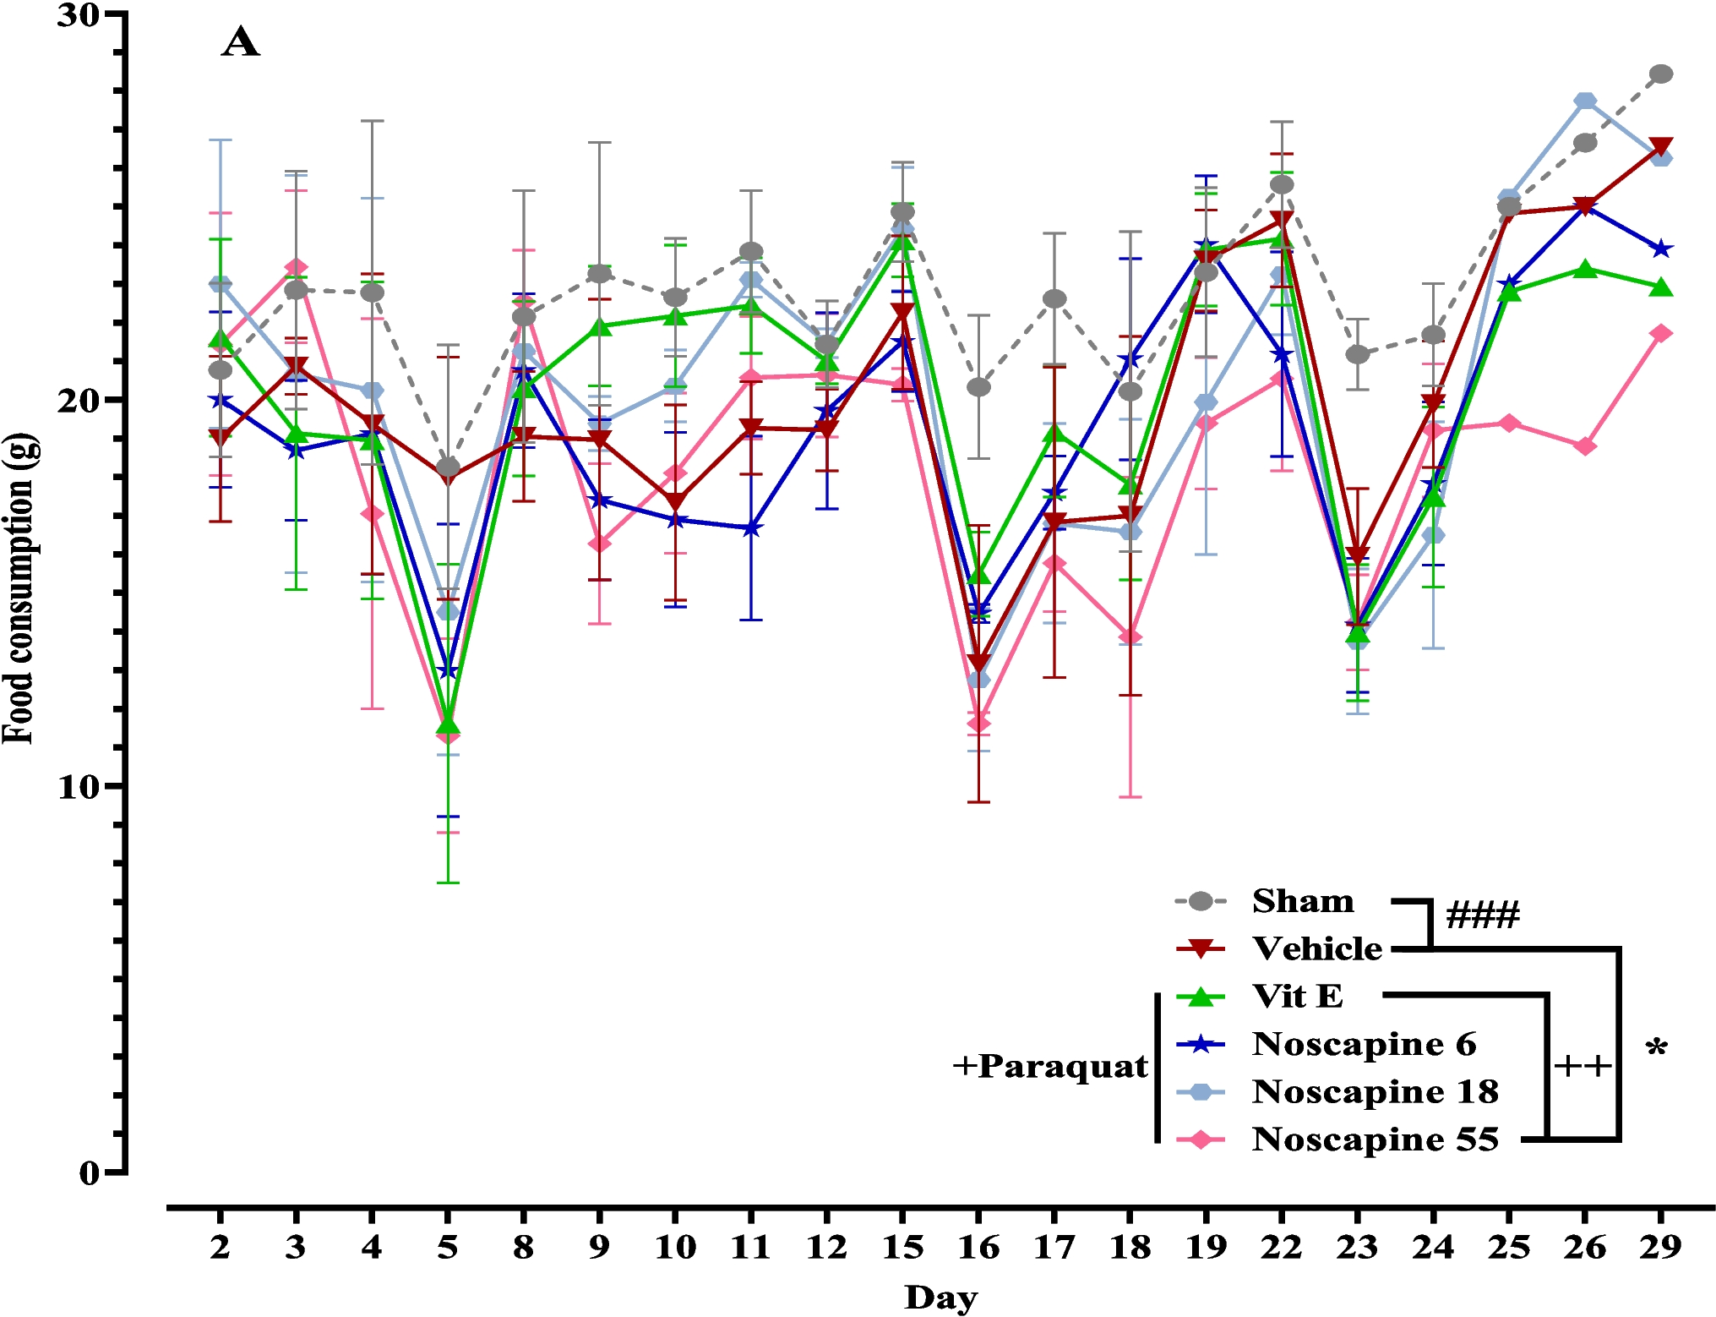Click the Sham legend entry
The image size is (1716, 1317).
[1302, 901]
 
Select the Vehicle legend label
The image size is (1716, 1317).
[1316, 948]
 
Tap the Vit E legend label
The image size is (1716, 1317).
[1297, 997]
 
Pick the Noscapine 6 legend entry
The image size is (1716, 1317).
[1364, 1044]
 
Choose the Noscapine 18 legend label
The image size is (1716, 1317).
[1375, 1091]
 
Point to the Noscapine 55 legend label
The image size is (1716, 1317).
[1375, 1139]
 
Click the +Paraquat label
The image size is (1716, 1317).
[1050, 1067]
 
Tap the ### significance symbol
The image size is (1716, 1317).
[1483, 915]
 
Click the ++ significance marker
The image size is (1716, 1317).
[1583, 1066]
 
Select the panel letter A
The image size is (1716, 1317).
[240, 42]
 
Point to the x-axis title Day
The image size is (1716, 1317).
[940, 1297]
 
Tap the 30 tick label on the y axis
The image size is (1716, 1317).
[79, 14]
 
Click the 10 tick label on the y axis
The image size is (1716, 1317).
[79, 787]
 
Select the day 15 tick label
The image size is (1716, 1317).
[902, 1247]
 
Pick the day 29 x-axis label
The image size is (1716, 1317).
[1660, 1247]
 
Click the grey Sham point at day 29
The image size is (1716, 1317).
[1661, 74]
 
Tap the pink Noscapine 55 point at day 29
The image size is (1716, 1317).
[1661, 333]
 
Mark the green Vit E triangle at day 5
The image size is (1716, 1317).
[448, 725]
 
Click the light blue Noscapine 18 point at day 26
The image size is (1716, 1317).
[1585, 101]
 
